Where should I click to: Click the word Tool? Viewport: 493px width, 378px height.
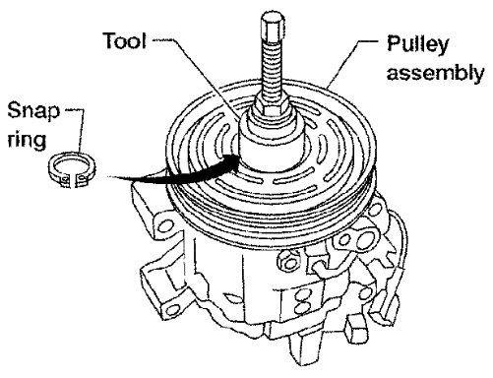coord(125,40)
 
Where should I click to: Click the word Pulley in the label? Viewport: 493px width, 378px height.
coord(417,44)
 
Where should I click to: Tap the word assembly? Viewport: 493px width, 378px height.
coord(435,72)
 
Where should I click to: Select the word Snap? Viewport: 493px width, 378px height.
coord(33,111)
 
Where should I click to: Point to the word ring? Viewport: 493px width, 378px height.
coord(27,141)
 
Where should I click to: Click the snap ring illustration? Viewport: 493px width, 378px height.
coord(72,169)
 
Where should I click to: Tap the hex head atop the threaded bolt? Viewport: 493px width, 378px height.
coord(273,28)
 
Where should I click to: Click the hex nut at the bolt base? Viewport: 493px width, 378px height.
coord(272,104)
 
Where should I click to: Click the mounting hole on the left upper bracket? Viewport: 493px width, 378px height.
coord(166,225)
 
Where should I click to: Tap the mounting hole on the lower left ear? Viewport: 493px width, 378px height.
coord(173,309)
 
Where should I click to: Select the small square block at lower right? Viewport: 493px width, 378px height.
coord(355,328)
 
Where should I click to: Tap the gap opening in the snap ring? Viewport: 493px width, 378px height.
coord(74,180)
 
